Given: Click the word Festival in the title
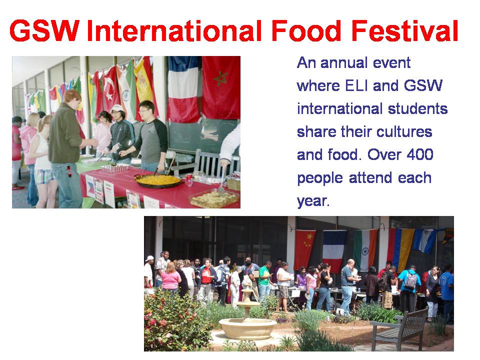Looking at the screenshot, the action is [x=404, y=30].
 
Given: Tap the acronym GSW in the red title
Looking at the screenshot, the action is [x=44, y=30].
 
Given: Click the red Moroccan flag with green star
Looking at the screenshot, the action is [x=221, y=87].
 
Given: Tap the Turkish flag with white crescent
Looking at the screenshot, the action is [x=111, y=89].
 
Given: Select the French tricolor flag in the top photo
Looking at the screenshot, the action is [x=183, y=89].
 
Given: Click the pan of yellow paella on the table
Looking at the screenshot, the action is [x=158, y=181].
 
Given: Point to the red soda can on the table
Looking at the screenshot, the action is [x=189, y=180].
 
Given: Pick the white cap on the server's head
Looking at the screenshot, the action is [x=117, y=108].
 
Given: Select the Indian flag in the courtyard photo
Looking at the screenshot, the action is [x=365, y=250].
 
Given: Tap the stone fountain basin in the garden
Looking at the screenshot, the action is [x=247, y=327].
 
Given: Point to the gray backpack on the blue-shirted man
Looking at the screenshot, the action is [x=411, y=279].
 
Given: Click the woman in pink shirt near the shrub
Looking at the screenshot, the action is [x=171, y=279].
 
